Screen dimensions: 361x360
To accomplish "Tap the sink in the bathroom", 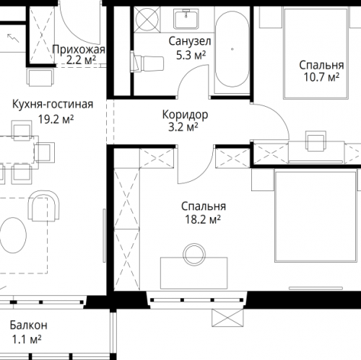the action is [186, 19].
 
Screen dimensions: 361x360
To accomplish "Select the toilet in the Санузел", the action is [147, 63].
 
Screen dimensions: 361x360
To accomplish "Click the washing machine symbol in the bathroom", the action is [147, 19].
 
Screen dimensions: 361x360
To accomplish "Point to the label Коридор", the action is [185, 115].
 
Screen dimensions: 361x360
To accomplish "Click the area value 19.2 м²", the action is [56, 119].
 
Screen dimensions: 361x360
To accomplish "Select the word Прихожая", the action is [79, 50].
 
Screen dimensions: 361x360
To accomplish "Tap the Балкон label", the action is [29, 325].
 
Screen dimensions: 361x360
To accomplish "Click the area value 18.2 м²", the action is [203, 219].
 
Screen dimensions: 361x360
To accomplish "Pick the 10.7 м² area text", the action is [321, 77].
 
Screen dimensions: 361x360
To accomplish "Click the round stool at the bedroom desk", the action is [194, 255].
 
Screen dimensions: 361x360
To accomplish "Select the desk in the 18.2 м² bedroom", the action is [194, 273].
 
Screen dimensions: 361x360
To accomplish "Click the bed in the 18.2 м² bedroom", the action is [316, 216].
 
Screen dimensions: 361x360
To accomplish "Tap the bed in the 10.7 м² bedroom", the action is [316, 53].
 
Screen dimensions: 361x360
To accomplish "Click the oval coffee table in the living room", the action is [13, 235].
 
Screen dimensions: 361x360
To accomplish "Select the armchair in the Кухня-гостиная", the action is [43, 206].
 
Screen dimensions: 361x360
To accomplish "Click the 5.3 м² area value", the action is [191, 56].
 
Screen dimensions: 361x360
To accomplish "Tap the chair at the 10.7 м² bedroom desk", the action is [316, 141].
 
